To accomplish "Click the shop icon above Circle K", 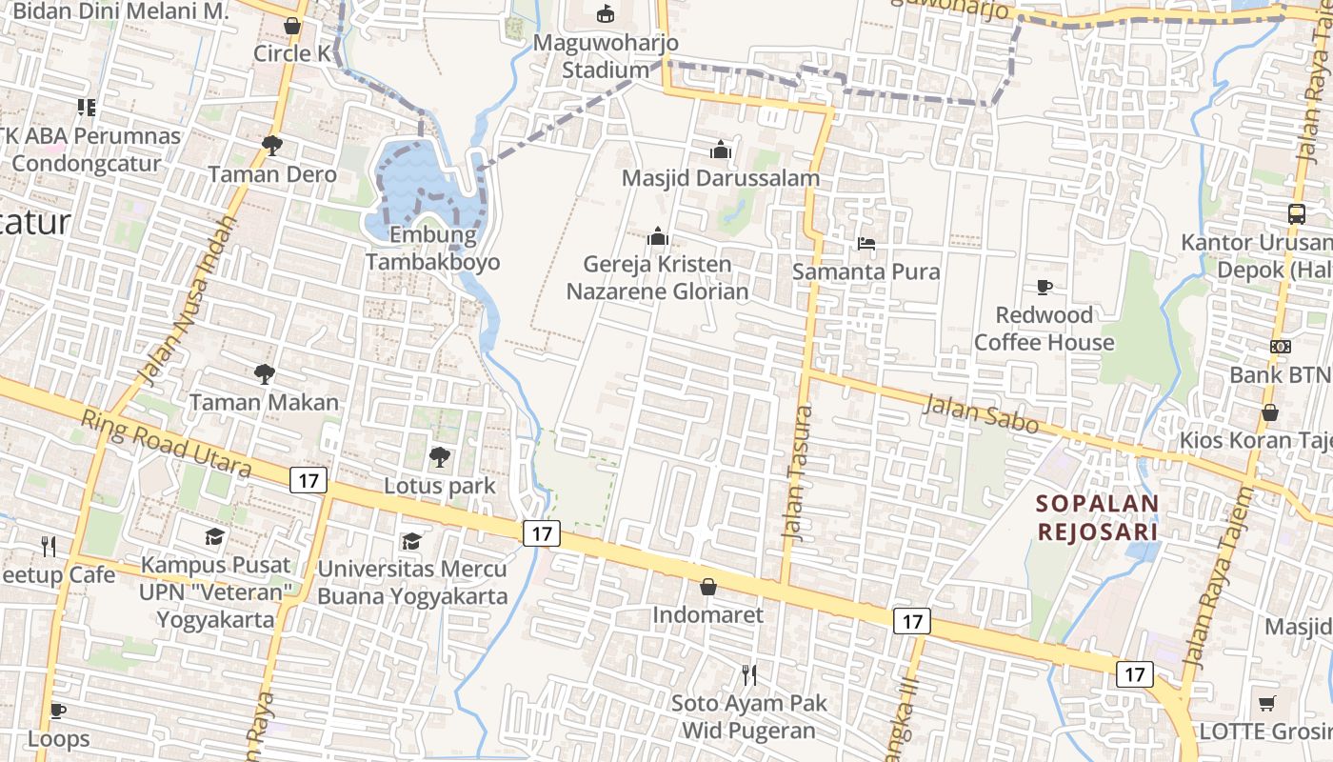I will (x=292, y=25).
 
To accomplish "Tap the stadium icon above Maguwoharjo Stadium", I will (x=605, y=13).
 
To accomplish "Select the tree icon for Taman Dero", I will (x=271, y=145).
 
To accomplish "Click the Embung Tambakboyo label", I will (x=432, y=249).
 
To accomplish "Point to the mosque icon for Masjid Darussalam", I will (x=720, y=150).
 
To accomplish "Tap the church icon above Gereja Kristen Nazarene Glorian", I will (x=657, y=236).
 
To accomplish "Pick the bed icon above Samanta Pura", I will (x=865, y=244).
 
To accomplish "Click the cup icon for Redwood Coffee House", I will (x=1044, y=287).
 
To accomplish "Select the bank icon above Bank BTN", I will (x=1281, y=347).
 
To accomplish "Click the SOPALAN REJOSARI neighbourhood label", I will (x=1097, y=517).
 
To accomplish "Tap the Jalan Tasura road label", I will (x=797, y=474).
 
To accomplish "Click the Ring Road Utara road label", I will (x=166, y=444).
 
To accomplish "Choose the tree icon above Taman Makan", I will (x=264, y=374).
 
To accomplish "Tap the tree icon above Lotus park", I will (x=439, y=458).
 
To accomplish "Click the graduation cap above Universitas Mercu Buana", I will (x=411, y=541).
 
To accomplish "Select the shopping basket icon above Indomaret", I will (x=707, y=587).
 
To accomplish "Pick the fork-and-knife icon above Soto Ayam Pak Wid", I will (x=749, y=675).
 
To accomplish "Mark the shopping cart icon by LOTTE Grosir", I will (x=1266, y=704).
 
